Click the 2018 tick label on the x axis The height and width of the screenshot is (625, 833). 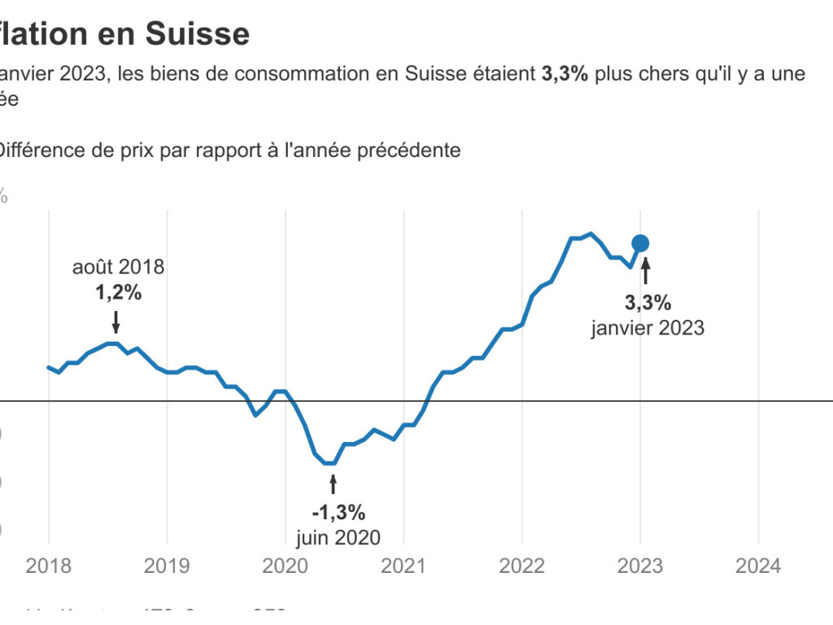[48, 566]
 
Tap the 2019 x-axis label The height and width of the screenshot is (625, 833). [167, 566]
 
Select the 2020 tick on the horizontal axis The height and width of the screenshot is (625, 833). [285, 566]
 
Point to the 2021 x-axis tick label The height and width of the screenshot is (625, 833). [403, 566]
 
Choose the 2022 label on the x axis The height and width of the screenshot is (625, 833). [521, 566]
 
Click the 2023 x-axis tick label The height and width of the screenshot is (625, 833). [640, 566]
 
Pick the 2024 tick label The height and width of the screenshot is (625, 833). [758, 566]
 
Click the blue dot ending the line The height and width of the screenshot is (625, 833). [640, 243]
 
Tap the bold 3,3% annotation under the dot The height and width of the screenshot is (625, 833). [648, 304]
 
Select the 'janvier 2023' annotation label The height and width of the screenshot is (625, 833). [648, 328]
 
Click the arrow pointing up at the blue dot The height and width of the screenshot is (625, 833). [646, 271]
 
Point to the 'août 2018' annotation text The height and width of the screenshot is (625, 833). [118, 267]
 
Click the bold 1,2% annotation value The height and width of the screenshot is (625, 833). [118, 293]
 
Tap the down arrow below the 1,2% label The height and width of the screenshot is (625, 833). [116, 321]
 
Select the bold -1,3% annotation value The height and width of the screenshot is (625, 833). [338, 513]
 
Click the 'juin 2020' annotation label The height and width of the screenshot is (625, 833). [338, 538]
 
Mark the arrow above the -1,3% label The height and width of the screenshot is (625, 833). [332, 484]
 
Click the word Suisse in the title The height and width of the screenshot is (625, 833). [198, 33]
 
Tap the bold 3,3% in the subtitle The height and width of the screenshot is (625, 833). [565, 74]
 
